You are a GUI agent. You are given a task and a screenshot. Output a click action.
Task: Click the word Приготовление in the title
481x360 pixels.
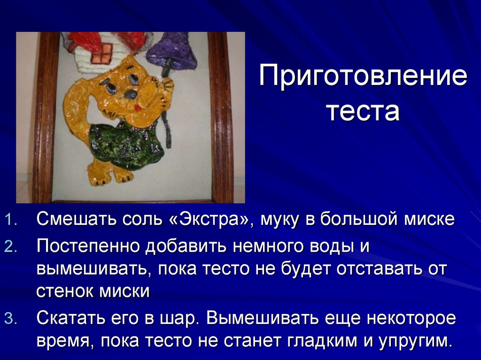coord(363,77)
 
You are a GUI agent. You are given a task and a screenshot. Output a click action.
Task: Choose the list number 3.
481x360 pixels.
coord(10,320)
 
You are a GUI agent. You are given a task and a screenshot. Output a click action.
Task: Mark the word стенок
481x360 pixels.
coord(65,291)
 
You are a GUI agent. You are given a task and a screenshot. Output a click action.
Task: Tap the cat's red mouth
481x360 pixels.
coord(138,107)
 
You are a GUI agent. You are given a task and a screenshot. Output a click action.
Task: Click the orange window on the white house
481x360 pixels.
coord(102,54)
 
